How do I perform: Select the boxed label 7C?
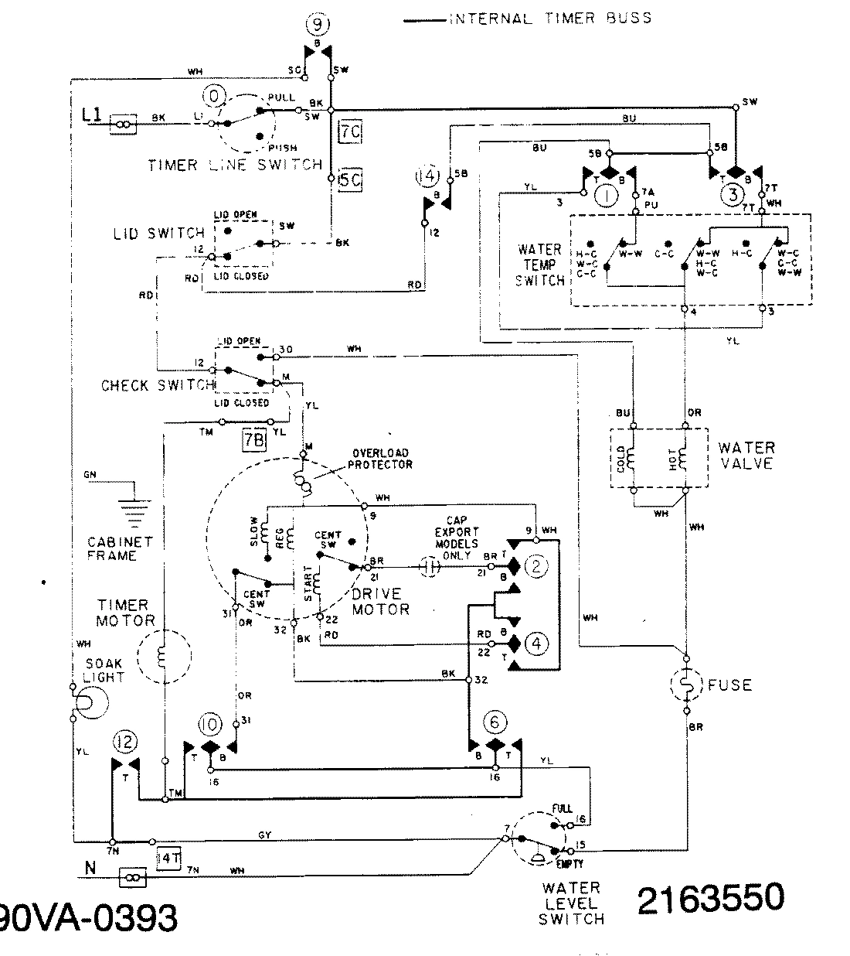(349, 132)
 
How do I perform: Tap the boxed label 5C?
(349, 181)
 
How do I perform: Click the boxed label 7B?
(254, 439)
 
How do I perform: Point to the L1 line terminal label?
(91, 116)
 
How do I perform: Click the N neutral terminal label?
(90, 869)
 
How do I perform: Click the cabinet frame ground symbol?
(134, 510)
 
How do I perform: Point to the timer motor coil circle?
(163, 657)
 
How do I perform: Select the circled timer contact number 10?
(209, 725)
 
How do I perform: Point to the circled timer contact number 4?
(536, 643)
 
